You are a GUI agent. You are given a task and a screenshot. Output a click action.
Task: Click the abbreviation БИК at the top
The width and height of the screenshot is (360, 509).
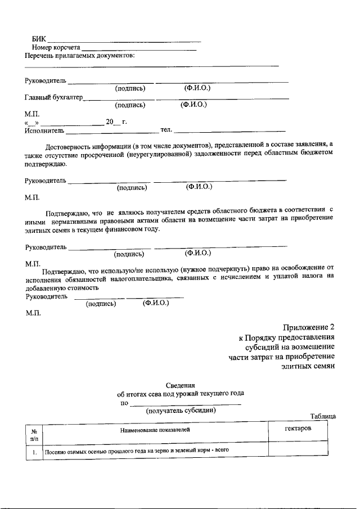[39, 39]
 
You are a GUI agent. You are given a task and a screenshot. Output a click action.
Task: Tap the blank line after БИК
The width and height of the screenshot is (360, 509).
[124, 40]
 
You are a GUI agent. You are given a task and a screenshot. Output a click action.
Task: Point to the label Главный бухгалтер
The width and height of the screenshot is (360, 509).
[53, 98]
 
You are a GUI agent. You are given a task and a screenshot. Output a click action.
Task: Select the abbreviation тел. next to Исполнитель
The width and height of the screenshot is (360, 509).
[166, 130]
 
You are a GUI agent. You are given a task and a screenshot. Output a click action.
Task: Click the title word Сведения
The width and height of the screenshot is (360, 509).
[179, 385]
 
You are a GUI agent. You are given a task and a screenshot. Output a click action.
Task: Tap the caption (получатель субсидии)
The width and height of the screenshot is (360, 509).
[181, 411]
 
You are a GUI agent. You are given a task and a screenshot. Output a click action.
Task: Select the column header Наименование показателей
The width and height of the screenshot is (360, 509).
[155, 430]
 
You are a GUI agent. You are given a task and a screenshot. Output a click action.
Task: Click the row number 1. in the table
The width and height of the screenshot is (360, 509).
[34, 451]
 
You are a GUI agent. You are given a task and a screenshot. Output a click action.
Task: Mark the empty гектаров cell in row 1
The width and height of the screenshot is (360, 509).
[298, 449]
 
